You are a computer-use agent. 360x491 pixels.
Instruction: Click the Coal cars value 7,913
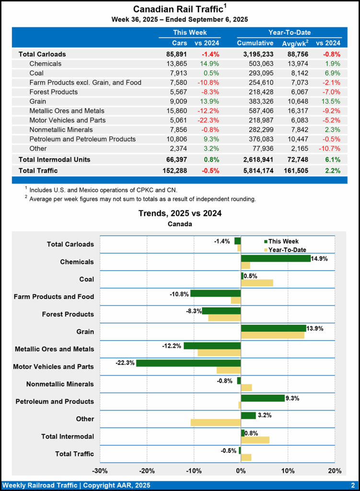point(176,73)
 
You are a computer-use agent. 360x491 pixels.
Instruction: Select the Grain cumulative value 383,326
point(259,101)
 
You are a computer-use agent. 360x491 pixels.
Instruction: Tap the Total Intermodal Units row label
point(55,159)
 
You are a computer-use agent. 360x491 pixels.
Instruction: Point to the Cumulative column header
point(255,43)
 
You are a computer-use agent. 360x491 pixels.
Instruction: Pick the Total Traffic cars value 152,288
point(173,170)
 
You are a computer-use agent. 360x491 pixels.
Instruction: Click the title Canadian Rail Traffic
point(177,9)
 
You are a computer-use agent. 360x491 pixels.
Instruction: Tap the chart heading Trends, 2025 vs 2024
point(180,213)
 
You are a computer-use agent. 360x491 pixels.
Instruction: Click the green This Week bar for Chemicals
point(276,258)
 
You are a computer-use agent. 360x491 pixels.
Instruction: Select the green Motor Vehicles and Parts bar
point(188,363)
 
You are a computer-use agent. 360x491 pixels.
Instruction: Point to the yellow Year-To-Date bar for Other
point(216,422)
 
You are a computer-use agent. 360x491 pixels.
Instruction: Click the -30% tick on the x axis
point(100,470)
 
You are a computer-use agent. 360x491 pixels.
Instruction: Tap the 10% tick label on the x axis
point(288,470)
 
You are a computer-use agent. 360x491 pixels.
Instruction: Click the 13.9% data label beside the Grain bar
point(315,328)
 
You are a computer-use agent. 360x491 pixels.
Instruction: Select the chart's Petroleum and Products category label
point(55,401)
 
